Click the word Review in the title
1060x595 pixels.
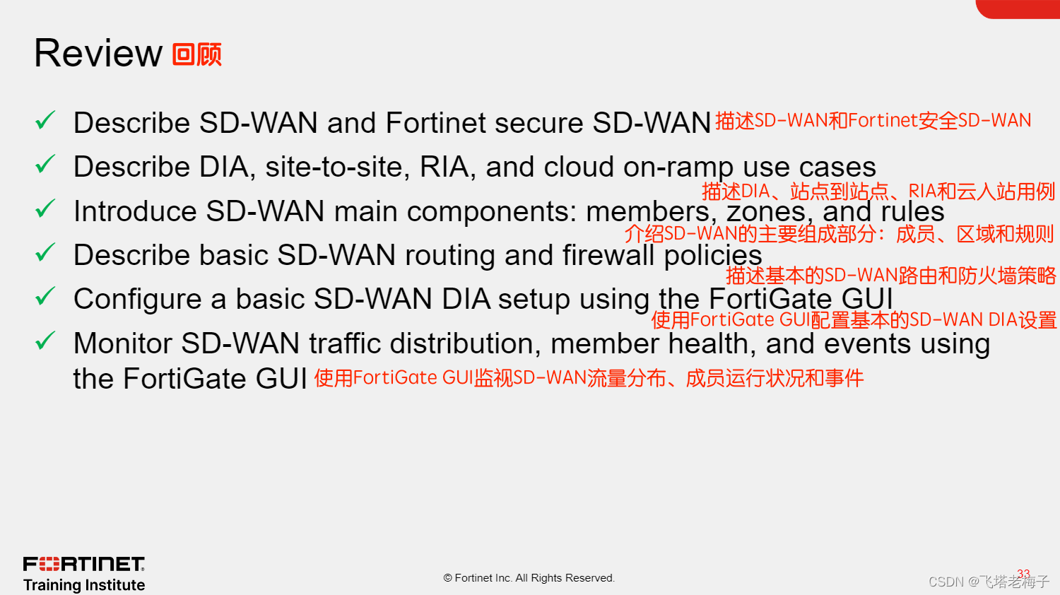coord(98,54)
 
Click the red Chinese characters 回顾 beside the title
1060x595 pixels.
coord(197,54)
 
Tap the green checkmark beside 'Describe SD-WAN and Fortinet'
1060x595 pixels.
coord(45,121)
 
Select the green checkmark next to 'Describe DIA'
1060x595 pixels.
coord(45,165)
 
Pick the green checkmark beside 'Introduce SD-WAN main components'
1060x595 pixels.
coord(45,209)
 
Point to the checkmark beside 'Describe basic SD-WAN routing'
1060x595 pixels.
coord(45,253)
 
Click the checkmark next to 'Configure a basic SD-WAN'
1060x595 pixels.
coord(45,297)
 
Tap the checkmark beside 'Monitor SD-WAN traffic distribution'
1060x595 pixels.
coord(45,341)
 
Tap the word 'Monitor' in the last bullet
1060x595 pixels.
coord(123,343)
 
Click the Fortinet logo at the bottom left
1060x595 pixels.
coord(84,564)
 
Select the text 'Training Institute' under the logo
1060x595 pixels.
coord(84,585)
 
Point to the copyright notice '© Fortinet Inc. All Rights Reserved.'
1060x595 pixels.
coord(529,578)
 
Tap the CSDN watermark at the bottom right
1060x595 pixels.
coord(989,582)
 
